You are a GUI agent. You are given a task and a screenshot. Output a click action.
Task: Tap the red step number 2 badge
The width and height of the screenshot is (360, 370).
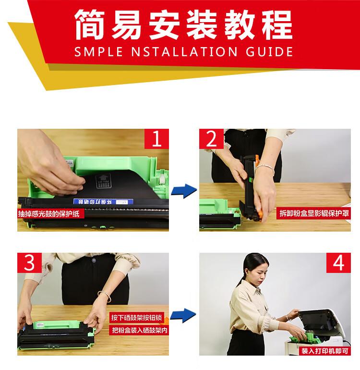point(212,139)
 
